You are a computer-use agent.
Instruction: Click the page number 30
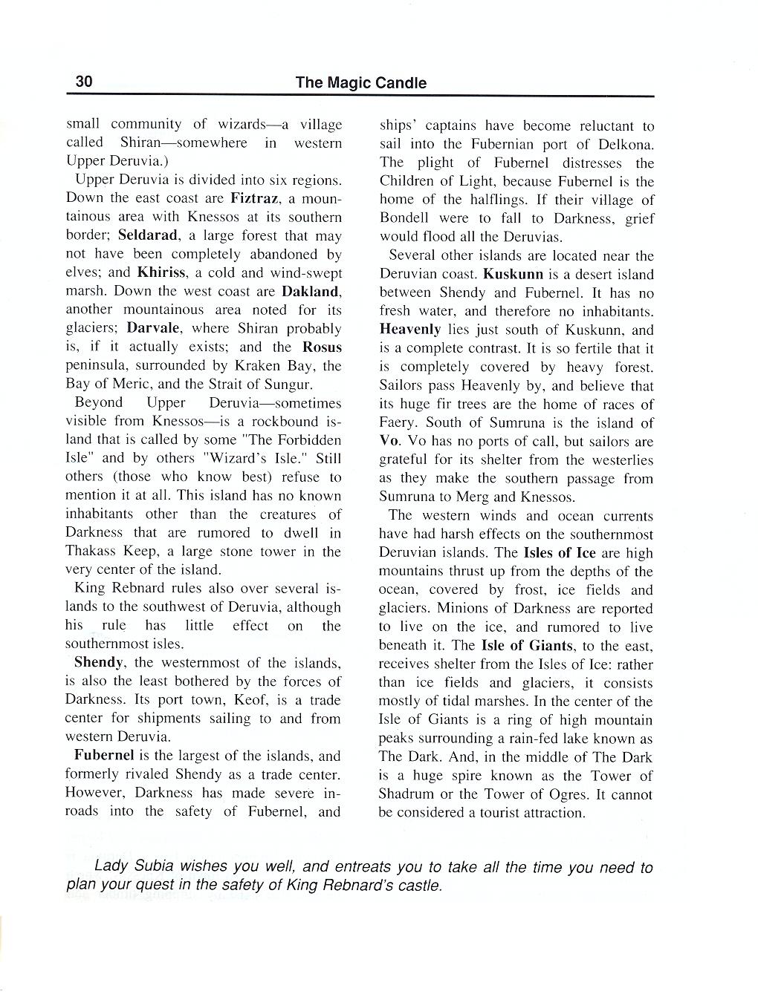[x=83, y=82]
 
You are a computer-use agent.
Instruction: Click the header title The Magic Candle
[x=360, y=82]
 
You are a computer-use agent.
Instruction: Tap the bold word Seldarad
[x=149, y=235]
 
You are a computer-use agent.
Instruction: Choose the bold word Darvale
[x=155, y=328]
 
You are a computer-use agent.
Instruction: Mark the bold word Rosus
[x=321, y=347]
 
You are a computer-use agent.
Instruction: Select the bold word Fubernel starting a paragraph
[x=104, y=756]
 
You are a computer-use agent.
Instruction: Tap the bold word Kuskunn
[x=513, y=274]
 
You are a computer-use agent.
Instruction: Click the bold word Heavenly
[x=409, y=330]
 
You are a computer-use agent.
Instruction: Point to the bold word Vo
[x=389, y=441]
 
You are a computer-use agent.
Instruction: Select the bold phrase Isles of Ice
[x=560, y=553]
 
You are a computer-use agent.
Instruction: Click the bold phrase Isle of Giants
[x=527, y=645]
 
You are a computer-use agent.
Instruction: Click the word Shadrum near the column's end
[x=408, y=794]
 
